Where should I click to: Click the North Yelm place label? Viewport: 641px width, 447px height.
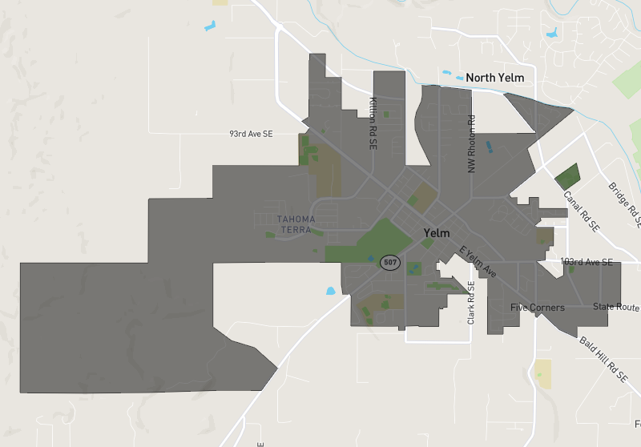494,78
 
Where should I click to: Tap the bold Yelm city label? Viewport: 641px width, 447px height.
437,233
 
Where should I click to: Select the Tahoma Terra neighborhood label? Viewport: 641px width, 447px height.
296,224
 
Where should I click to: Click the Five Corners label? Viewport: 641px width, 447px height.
537,308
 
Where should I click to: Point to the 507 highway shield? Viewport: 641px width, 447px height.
390,262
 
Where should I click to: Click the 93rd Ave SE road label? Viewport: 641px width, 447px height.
251,134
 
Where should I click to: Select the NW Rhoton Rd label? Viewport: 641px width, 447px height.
472,144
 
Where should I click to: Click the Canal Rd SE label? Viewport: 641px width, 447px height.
581,211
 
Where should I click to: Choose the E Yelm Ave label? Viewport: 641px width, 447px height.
478,262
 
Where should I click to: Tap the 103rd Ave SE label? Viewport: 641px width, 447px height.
587,262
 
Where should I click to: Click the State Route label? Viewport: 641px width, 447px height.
616,307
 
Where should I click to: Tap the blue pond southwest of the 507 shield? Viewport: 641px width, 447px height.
331,291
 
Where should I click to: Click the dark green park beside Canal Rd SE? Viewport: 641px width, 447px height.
567,176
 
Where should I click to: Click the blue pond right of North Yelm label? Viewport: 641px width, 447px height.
550,34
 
